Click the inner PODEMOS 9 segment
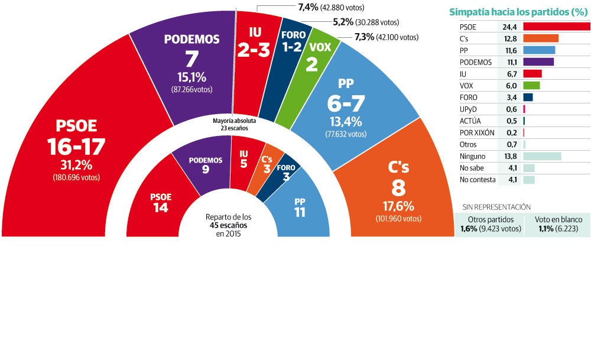tap(205, 166)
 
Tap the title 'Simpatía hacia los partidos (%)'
tap(519, 11)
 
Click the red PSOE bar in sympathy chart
tap(556, 27)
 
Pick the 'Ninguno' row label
tap(472, 157)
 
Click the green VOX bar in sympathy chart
tap(531, 86)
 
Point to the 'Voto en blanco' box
tap(558, 223)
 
